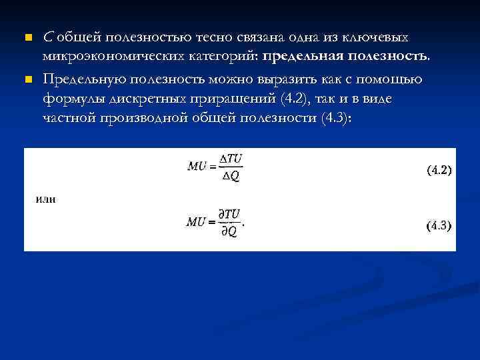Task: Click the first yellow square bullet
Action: (27, 37)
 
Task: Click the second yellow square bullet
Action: (27, 80)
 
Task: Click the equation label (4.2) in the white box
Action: (439, 170)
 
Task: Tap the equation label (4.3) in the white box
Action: (439, 225)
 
